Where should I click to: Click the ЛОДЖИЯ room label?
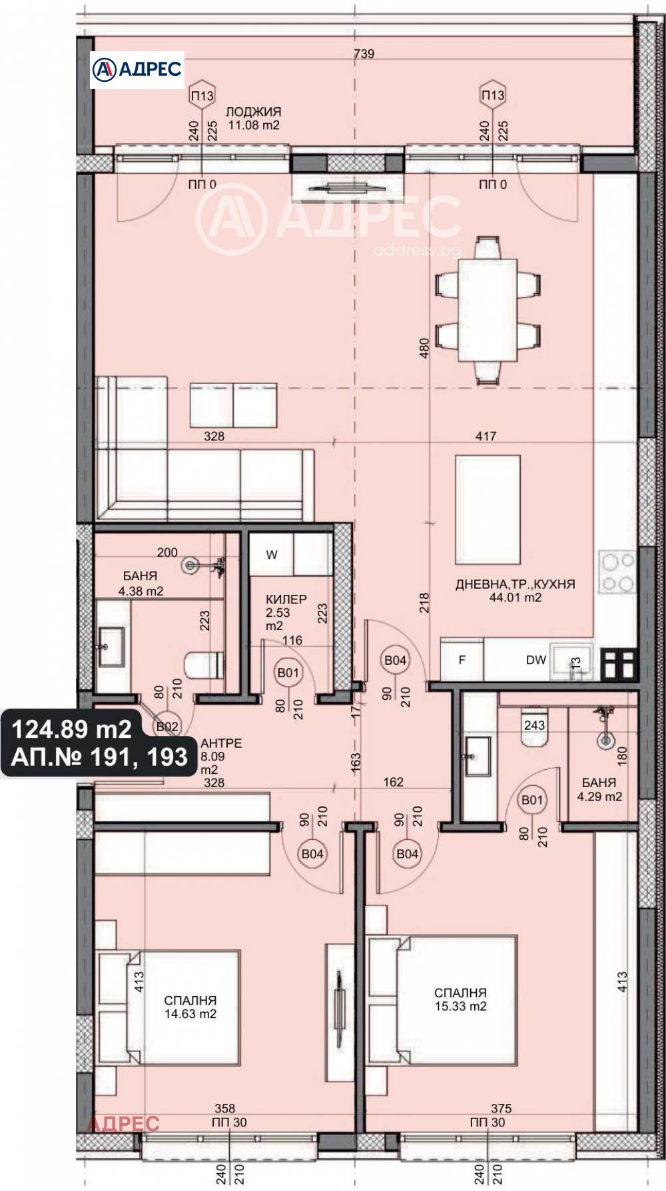click(253, 112)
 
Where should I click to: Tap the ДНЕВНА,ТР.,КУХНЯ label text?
click(515, 584)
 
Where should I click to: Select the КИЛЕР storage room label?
click(286, 599)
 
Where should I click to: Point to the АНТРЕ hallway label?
click(221, 743)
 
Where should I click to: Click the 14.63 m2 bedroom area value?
click(190, 1014)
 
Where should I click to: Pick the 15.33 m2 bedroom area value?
click(461, 1006)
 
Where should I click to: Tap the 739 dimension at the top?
click(364, 54)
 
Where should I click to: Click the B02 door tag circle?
click(166, 727)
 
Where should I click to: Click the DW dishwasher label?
click(536, 660)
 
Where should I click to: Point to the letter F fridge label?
click(462, 660)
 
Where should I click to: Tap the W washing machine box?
click(272, 554)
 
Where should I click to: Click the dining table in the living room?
click(487, 310)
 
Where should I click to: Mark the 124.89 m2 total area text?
click(72, 730)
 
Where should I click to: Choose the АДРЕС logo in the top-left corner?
click(137, 69)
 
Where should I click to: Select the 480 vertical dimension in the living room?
click(424, 349)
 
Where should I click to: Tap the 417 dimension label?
click(486, 436)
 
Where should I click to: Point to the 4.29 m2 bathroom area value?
click(599, 796)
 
